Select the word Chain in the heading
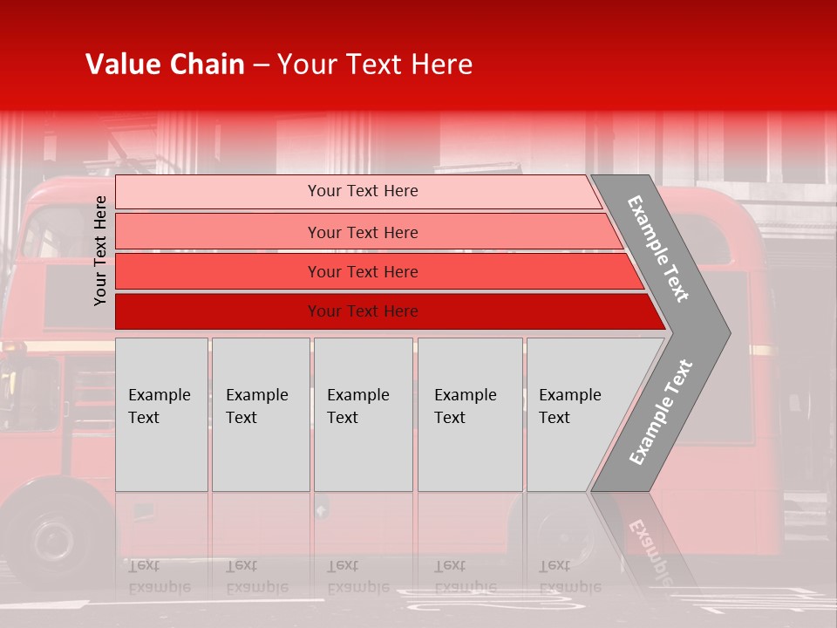[x=208, y=65]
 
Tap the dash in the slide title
[x=261, y=65]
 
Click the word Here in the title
[x=441, y=65]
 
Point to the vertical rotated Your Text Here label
[x=100, y=250]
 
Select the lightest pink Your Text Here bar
[x=363, y=191]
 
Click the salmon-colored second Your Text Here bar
[x=363, y=232]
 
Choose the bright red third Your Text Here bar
[x=363, y=272]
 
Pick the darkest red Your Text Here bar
[x=363, y=311]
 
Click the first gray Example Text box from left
[x=161, y=414]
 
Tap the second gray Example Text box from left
[x=260, y=414]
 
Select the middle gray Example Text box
[x=363, y=414]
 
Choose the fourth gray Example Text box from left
[x=469, y=414]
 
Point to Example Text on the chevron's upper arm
[x=658, y=249]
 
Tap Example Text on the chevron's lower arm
[x=661, y=412]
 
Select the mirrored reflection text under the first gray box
[x=159, y=577]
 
